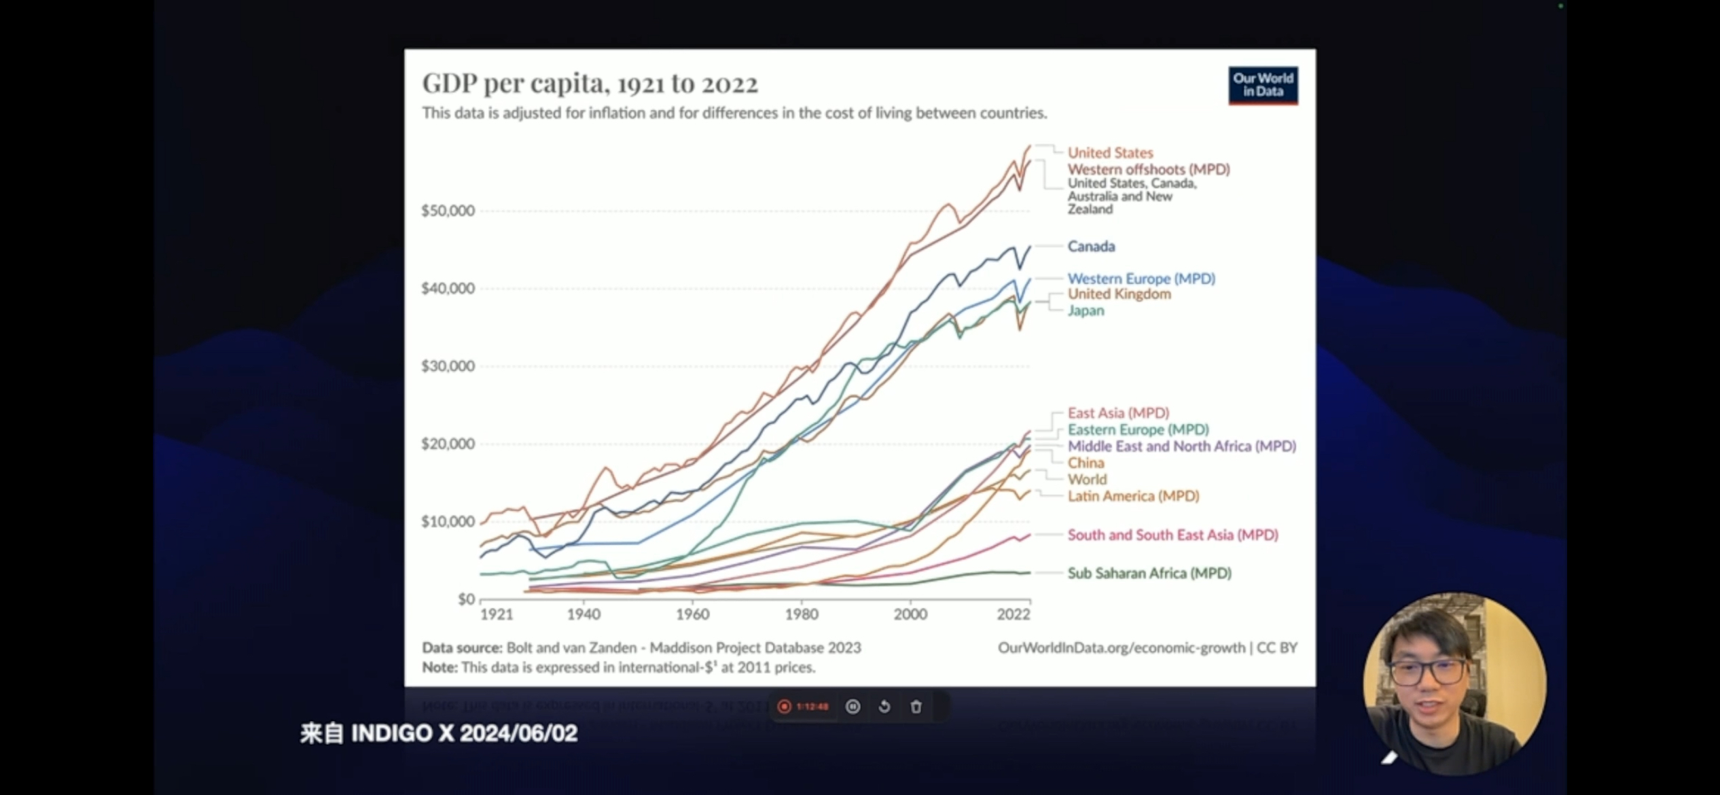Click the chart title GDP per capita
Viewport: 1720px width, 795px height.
(x=590, y=84)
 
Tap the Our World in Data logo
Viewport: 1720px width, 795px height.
(x=1263, y=86)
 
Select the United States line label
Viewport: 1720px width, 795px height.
(x=1110, y=153)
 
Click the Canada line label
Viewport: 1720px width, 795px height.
(x=1091, y=246)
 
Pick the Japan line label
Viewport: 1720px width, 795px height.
(x=1086, y=311)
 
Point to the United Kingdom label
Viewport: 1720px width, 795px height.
(x=1119, y=294)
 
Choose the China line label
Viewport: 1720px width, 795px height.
(x=1086, y=463)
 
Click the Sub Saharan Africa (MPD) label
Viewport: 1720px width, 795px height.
(x=1149, y=573)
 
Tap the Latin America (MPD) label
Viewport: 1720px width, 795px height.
(x=1133, y=496)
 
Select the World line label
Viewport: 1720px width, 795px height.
(x=1087, y=479)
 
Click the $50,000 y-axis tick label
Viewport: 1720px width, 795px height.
(x=448, y=211)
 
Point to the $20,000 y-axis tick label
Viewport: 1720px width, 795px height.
(x=448, y=444)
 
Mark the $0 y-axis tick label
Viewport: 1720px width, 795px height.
(x=466, y=599)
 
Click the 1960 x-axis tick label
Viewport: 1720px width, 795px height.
(x=692, y=614)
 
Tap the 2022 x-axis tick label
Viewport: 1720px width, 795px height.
(x=1013, y=614)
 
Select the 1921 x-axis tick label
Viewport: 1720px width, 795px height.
(x=497, y=614)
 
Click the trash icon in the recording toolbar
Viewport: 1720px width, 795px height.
(x=916, y=707)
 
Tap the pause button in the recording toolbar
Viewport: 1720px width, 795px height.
(x=853, y=707)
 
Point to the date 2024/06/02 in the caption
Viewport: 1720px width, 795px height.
(x=518, y=733)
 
